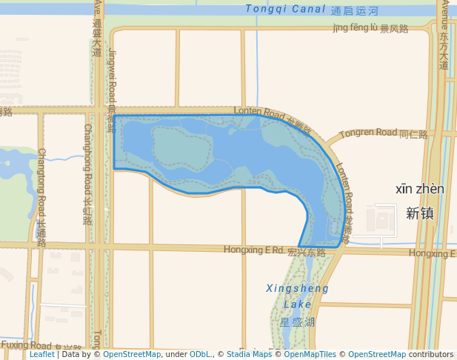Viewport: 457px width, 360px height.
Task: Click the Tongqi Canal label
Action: pyautogui.click(x=285, y=10)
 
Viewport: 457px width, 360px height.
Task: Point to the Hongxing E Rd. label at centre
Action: pyautogui.click(x=254, y=250)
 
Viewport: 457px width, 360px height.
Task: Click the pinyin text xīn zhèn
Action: pyautogui.click(x=420, y=190)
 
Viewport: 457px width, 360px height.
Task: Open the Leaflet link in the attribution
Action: pyautogui.click(x=41, y=355)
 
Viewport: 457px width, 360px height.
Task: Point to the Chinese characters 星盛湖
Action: pyautogui.click(x=298, y=322)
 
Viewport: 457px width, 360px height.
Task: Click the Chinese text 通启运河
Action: pyautogui.click(x=355, y=11)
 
